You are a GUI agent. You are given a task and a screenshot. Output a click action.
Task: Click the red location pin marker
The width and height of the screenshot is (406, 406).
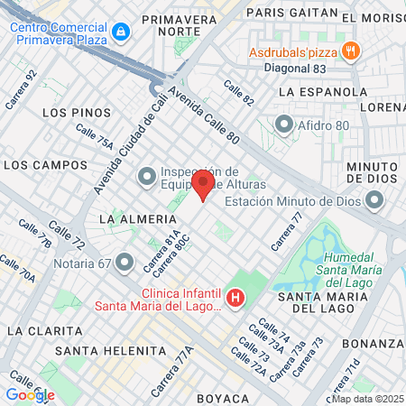[203, 184]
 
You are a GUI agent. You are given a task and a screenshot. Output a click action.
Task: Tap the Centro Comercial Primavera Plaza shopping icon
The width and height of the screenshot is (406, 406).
[122, 32]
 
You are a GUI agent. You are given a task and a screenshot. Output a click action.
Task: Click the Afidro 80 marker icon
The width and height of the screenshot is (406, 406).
[284, 124]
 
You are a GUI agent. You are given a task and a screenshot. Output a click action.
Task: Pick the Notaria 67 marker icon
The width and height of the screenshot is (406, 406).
[125, 263]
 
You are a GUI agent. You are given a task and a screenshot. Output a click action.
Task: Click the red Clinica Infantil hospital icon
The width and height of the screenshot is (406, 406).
[235, 297]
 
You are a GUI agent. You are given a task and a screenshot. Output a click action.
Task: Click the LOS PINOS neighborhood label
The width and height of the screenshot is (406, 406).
[77, 113]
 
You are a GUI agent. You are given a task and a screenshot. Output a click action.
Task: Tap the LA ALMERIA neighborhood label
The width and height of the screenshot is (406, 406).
[137, 219]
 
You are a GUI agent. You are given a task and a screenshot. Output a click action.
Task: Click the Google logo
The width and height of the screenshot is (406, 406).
[30, 394]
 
